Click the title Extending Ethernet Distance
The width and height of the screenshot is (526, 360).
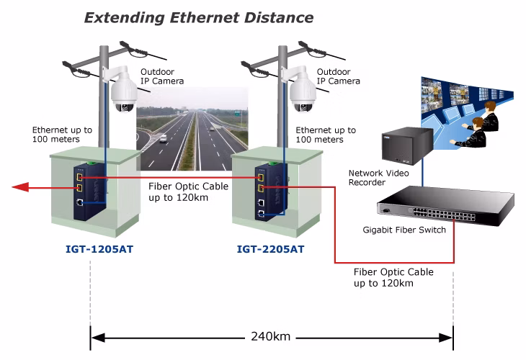click(199, 18)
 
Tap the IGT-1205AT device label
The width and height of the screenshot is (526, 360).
click(99, 249)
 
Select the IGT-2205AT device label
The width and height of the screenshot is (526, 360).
click(270, 249)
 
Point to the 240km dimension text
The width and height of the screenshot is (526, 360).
click(271, 336)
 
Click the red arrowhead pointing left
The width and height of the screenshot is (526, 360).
click(21, 187)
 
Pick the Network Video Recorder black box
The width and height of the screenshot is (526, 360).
click(408, 145)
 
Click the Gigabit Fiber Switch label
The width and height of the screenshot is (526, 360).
click(404, 230)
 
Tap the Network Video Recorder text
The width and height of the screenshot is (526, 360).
click(378, 178)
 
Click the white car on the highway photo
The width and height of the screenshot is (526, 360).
click(163, 138)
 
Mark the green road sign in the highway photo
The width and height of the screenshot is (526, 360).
click(238, 113)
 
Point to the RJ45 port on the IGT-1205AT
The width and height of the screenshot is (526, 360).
click(80, 202)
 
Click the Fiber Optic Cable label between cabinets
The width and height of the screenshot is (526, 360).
click(188, 192)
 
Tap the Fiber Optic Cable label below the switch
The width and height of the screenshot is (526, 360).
click(393, 277)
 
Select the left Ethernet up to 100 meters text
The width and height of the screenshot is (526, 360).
click(62, 135)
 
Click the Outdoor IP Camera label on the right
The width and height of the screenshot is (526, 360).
click(338, 76)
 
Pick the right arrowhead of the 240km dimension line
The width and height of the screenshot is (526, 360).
click(446, 338)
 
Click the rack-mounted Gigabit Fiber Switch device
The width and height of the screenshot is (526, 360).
click(445, 205)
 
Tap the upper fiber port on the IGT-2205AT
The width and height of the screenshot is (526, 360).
click(260, 177)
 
